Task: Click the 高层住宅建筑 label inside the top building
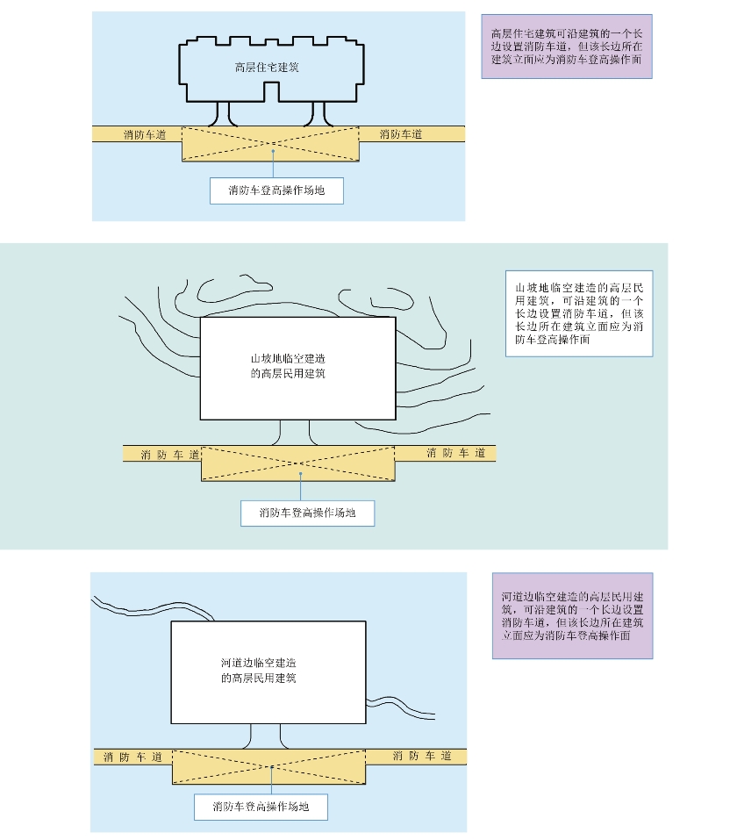pyautogui.click(x=268, y=68)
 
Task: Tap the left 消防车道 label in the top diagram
pyautogui.click(x=145, y=134)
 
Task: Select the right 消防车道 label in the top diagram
pyautogui.click(x=401, y=134)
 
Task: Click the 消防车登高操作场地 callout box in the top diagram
pyautogui.click(x=276, y=190)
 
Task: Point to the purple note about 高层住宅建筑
pyautogui.click(x=567, y=47)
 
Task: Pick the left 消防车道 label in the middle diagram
pyautogui.click(x=169, y=454)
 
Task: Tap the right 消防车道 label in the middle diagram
pyautogui.click(x=455, y=453)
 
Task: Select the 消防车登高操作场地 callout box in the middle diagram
pyautogui.click(x=307, y=513)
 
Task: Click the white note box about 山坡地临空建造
pyautogui.click(x=579, y=313)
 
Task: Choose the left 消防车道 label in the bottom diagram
pyautogui.click(x=132, y=757)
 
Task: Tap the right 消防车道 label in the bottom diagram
pyautogui.click(x=422, y=756)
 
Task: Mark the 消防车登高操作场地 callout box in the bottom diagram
pyautogui.click(x=261, y=806)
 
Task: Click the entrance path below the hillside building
pyautogui.click(x=296, y=433)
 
